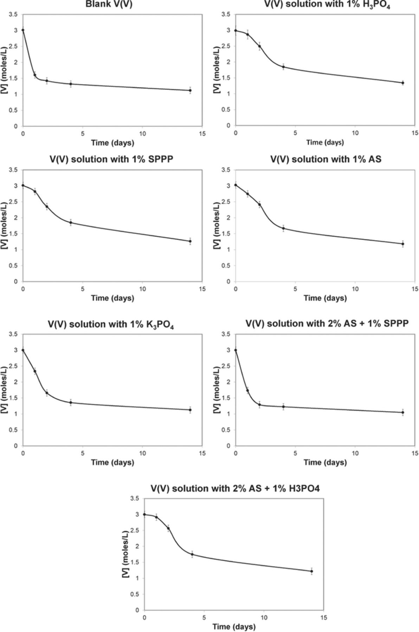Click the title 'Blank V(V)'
(x=109, y=5)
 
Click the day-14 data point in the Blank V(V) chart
(x=190, y=90)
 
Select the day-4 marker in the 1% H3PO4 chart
(x=283, y=67)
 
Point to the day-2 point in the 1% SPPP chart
(x=47, y=206)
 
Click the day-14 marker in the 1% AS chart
(x=403, y=244)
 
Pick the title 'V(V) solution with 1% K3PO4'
(x=111, y=324)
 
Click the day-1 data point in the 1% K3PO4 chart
(x=35, y=371)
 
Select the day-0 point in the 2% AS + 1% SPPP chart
(x=236, y=350)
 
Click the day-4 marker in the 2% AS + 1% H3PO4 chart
(x=192, y=554)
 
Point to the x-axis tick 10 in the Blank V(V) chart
(x=143, y=134)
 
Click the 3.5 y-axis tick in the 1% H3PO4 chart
(x=226, y=14)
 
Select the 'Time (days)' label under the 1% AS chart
(x=325, y=298)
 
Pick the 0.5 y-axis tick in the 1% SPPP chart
(x=14, y=265)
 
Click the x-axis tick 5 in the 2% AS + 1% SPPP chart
(x=295, y=453)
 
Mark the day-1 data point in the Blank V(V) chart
(x=35, y=75)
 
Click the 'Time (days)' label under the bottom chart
(x=234, y=626)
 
